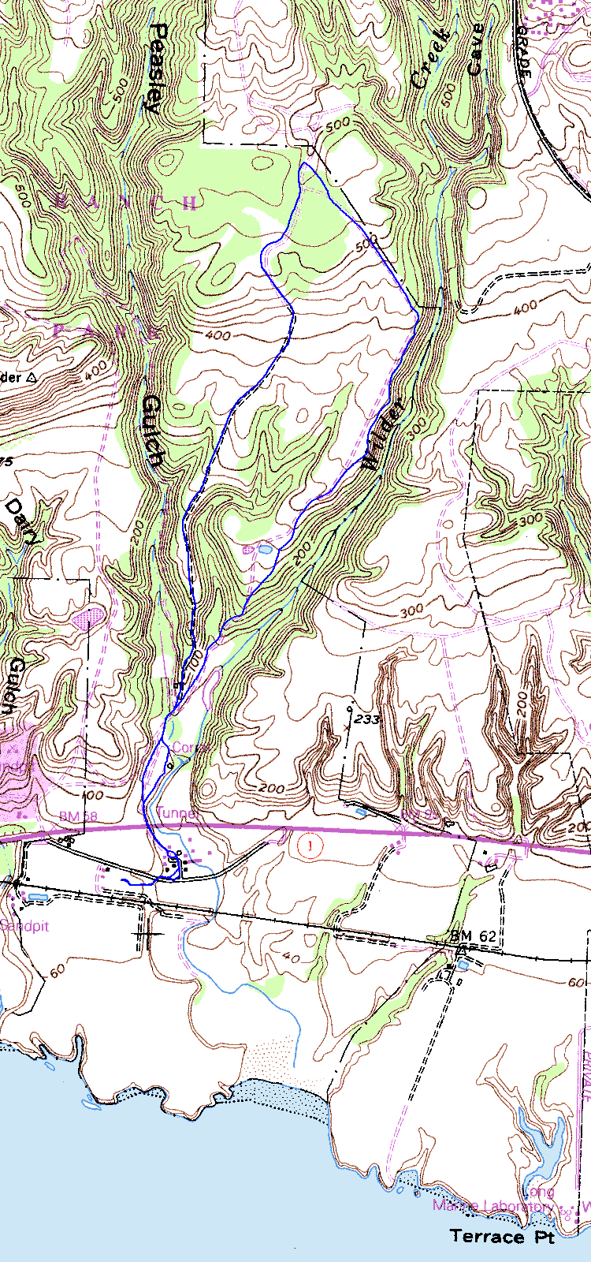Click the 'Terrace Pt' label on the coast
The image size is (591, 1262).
[502, 1236]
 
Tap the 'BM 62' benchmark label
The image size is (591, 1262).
[473, 936]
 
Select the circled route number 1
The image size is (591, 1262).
[312, 847]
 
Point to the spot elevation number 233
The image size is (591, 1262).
[367, 719]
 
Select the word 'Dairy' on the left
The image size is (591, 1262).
[24, 521]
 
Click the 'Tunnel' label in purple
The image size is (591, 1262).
[177, 813]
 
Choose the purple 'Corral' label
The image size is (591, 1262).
[190, 747]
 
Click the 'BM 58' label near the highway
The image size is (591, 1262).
[78, 816]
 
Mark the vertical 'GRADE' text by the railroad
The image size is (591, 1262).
[525, 55]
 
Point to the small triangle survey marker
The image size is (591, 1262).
[32, 378]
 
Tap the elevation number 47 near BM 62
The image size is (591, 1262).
[450, 976]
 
